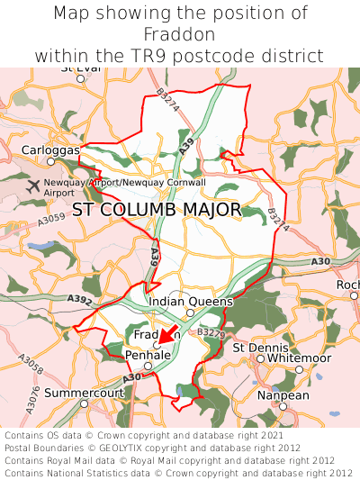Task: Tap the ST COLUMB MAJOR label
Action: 157,210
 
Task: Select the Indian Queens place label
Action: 191,302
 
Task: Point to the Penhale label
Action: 148,356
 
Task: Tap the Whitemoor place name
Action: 300,358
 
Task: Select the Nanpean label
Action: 283,394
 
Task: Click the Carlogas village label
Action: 50,149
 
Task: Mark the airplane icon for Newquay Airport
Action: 34,186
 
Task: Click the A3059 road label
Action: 51,217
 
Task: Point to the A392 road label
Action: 78,299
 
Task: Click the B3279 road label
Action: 210,333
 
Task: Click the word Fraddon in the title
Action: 180,34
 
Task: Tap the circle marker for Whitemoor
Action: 300,368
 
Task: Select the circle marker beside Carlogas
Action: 51,161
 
